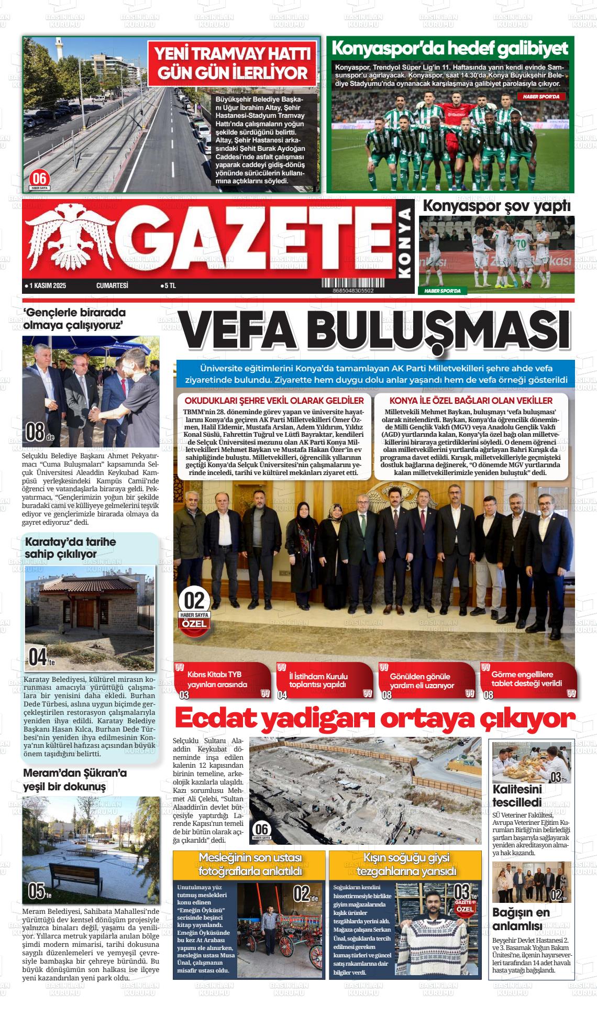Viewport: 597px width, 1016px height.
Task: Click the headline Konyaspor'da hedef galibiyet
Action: (x=450, y=49)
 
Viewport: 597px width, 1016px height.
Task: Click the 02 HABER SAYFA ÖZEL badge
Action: (x=194, y=609)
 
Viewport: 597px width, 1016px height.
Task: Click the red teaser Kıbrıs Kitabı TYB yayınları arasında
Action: (x=224, y=680)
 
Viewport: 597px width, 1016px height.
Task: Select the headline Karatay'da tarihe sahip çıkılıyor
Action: (x=70, y=548)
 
